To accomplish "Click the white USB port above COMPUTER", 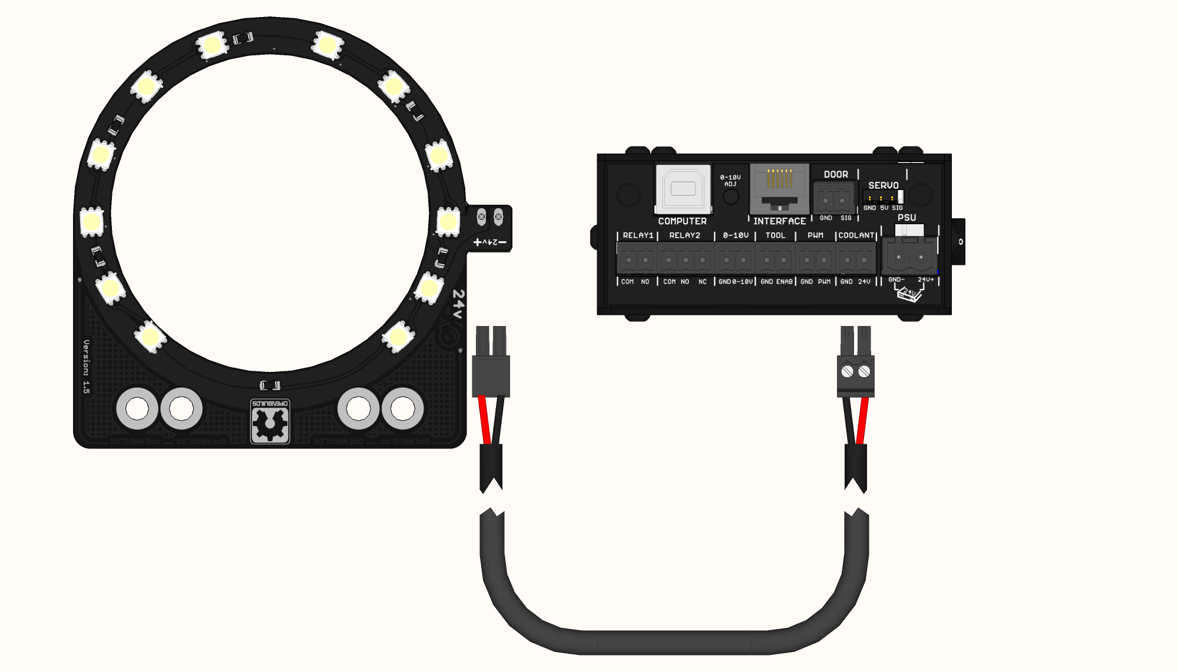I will click(x=683, y=188).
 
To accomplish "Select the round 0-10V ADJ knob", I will click(x=730, y=197).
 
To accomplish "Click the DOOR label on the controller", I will click(x=836, y=175).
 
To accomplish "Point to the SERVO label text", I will click(x=883, y=185).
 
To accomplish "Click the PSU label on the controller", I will click(x=906, y=218).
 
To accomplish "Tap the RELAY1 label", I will click(x=638, y=235).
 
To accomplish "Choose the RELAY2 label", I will click(x=684, y=235).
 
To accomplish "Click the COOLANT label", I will click(x=856, y=235).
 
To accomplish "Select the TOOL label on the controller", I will click(x=775, y=235).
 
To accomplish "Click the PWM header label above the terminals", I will click(x=815, y=235).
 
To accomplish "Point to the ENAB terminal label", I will click(x=784, y=282).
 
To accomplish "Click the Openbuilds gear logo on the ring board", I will click(x=270, y=422).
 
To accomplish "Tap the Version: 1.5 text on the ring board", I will click(x=86, y=366).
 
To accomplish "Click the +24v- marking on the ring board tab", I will click(x=490, y=242).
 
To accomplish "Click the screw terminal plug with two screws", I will click(x=856, y=372).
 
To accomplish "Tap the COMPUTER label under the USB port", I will click(x=682, y=221).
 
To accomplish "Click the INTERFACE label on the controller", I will click(x=779, y=221).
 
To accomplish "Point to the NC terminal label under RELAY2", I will click(x=702, y=282).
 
